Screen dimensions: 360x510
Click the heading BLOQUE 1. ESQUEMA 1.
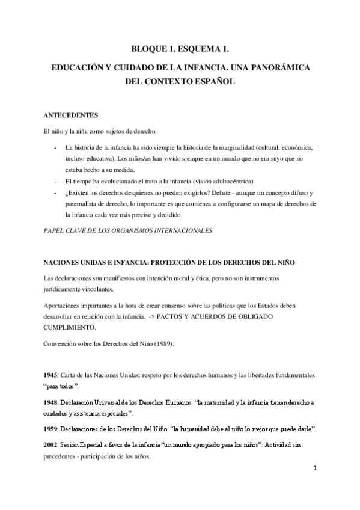coord(180,51)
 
